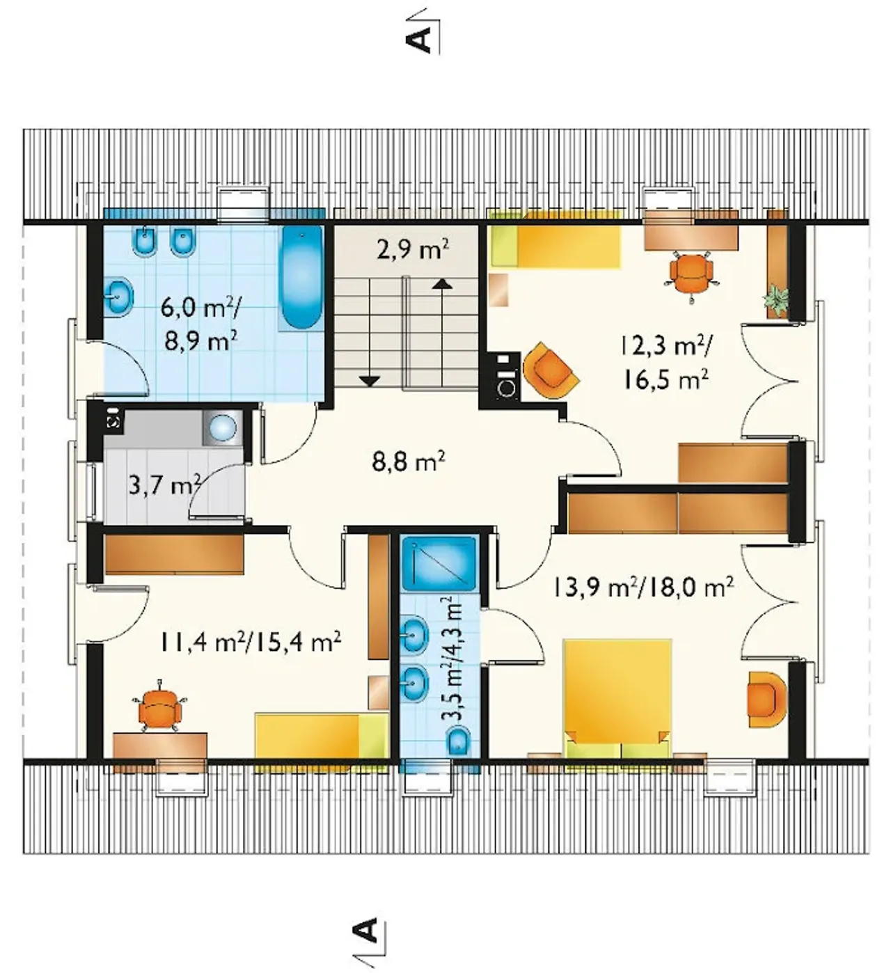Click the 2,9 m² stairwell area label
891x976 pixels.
(x=412, y=251)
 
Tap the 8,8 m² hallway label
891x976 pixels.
(x=409, y=462)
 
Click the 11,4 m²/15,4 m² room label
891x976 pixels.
(x=249, y=642)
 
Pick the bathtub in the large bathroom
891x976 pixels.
(x=301, y=278)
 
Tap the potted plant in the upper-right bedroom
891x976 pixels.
(x=777, y=299)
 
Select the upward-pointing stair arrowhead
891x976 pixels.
(x=442, y=283)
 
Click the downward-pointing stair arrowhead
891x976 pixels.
(x=370, y=381)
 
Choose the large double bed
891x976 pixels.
(x=617, y=699)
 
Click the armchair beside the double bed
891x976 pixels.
(x=767, y=700)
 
